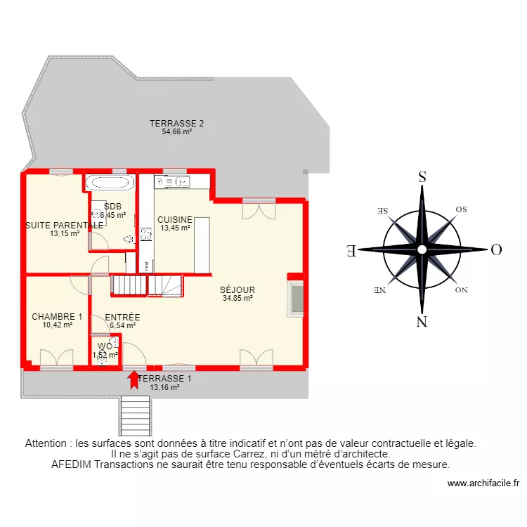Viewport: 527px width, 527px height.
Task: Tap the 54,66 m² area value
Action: pos(177,131)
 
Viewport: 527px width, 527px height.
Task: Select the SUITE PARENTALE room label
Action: pos(64,226)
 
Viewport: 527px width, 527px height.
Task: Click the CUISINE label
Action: pos(175,219)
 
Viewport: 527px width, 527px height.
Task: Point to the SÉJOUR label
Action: pos(238,289)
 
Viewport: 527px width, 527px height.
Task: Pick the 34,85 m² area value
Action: pos(238,298)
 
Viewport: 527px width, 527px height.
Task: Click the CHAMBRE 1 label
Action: pos(57,317)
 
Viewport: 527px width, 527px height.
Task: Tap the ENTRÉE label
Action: pos(122,318)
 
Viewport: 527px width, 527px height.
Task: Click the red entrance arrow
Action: pos(133,379)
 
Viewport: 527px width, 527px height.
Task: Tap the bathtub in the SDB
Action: pos(110,183)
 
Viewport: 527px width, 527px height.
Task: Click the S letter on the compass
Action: pos(422,177)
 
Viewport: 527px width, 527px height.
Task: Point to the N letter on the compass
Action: pos(422,322)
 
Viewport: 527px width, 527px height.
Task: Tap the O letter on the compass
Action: pos(495,249)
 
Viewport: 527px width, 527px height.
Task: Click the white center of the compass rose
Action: pos(422,249)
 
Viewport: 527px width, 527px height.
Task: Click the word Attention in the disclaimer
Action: pos(48,444)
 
